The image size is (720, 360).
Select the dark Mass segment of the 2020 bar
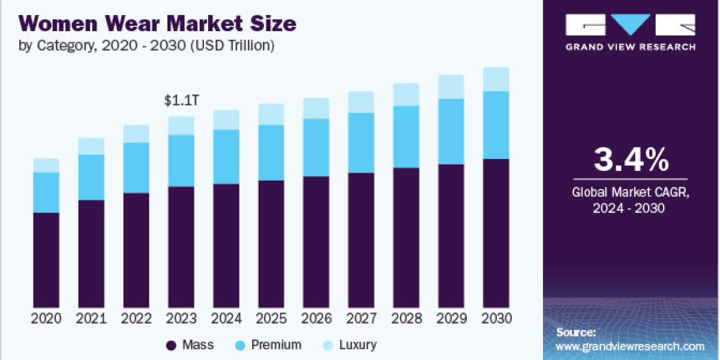click(46, 260)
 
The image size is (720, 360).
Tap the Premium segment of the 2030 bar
click(496, 125)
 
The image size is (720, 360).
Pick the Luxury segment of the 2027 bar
click(361, 102)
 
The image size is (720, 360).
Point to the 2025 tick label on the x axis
click(271, 319)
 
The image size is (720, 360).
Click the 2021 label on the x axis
click(91, 319)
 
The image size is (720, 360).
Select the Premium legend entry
click(268, 345)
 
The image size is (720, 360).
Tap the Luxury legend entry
click(349, 345)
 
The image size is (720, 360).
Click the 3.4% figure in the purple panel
click(631, 160)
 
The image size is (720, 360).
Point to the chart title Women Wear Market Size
click(158, 24)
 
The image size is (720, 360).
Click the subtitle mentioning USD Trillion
click(148, 46)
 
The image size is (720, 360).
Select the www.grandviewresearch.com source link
click(630, 346)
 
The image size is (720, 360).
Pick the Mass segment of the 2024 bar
click(226, 245)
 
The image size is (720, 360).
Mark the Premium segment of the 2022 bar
click(136, 167)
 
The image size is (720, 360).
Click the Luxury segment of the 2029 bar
click(451, 86)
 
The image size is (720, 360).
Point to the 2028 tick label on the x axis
click(406, 319)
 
